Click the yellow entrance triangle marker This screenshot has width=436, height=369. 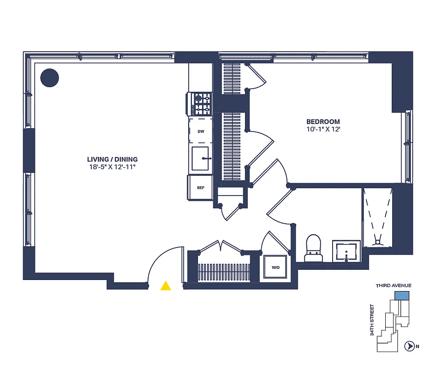[166, 286]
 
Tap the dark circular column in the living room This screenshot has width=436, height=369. [49, 77]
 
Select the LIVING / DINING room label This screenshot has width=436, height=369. [112, 160]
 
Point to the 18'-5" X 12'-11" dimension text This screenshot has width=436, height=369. [112, 167]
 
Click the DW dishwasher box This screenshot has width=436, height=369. [201, 131]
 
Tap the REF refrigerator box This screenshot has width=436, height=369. [201, 188]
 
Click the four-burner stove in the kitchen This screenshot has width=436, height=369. [201, 104]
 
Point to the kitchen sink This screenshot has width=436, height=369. [201, 158]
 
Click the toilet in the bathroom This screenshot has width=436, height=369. [314, 247]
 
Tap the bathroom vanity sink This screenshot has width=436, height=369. [346, 251]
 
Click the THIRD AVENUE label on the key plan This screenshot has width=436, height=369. [393, 286]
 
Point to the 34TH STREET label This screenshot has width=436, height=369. [372, 320]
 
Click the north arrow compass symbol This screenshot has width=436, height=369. [408, 346]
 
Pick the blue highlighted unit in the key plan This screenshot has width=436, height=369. [402, 295]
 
